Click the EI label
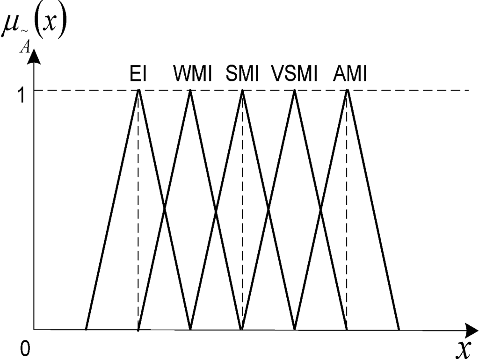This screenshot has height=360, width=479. [138, 74]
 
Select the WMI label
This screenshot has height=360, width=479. [193, 74]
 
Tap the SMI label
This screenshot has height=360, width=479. [242, 74]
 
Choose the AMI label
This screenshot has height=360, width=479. [350, 74]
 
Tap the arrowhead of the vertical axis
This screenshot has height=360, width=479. [34, 56]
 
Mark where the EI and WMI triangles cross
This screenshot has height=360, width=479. [165, 209]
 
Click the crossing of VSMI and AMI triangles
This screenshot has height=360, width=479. [321, 209]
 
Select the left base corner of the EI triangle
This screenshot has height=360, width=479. [86, 329]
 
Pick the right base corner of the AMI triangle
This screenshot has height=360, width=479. [399, 329]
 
